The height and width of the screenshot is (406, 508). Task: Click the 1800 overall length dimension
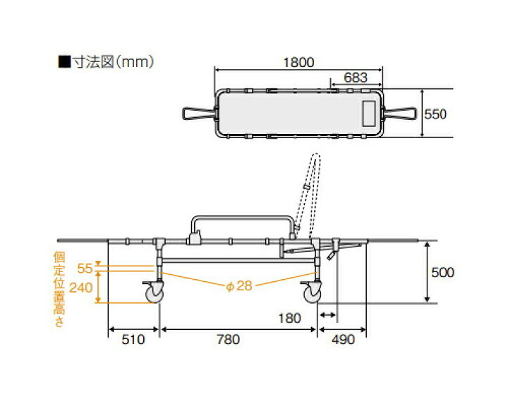[298, 62]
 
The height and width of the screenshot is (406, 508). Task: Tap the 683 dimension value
[356, 78]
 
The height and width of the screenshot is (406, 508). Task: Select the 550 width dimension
[435, 114]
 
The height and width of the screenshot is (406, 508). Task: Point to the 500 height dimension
[442, 272]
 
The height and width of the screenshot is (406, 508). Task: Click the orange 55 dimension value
[85, 269]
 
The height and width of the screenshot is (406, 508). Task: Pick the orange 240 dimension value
[81, 288]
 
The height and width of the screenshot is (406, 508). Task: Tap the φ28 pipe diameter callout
[239, 286]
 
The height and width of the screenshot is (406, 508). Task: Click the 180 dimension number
[290, 319]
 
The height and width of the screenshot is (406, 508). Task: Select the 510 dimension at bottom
[133, 340]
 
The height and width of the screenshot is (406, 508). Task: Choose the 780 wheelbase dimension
[228, 340]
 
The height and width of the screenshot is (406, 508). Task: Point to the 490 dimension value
[344, 340]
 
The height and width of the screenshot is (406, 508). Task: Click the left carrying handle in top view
[198, 113]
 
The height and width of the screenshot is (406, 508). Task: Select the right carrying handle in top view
[401, 113]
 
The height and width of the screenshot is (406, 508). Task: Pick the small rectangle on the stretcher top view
[369, 113]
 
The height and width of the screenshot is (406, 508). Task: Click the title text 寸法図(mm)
[107, 62]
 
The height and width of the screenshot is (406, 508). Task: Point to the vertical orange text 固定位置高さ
[59, 289]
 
